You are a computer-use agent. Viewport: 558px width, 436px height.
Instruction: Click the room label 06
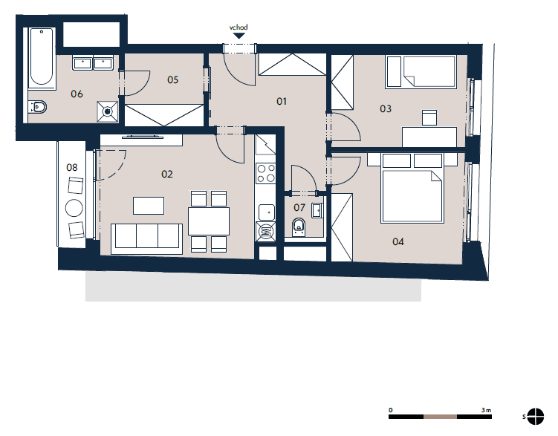pos(77,94)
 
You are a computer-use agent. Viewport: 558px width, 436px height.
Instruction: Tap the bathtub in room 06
pos(42,58)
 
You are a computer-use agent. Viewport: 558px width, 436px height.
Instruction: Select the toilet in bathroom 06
pos(38,107)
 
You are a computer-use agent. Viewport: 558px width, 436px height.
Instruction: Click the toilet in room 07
pos(299,227)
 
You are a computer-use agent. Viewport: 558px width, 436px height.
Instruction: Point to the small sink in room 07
pos(317,210)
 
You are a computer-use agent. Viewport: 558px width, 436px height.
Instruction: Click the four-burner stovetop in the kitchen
pos(265,173)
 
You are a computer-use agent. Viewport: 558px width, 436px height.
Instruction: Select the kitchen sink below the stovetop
pos(266,212)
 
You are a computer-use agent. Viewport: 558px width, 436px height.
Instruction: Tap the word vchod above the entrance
pos(239,27)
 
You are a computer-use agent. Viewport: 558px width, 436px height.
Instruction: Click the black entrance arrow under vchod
pos(239,36)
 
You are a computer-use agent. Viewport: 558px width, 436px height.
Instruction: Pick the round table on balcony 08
pos(74,208)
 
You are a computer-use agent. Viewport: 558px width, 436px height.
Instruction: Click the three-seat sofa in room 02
pos(146,238)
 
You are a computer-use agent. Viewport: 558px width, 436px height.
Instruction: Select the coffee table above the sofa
pos(149,206)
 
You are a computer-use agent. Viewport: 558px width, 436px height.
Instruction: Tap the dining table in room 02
pos(209,221)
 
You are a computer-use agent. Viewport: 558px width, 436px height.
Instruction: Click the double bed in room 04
pos(412,188)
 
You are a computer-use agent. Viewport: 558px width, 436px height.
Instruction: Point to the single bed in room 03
pos(421,71)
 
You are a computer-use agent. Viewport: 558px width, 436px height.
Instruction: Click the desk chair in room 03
pos(429,117)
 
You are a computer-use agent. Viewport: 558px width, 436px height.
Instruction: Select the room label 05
pos(172,79)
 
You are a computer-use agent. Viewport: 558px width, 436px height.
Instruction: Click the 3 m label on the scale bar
pos(486,410)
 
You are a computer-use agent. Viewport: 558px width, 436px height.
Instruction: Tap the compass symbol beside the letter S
pos(535,417)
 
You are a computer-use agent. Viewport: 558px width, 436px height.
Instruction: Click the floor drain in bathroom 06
pos(108,111)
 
